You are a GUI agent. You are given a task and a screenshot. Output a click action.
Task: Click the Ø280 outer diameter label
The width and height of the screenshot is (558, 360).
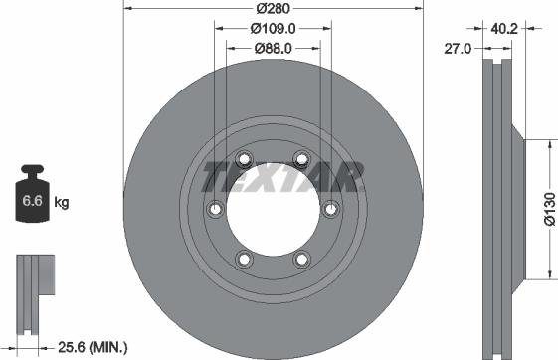pyautogui.click(x=273, y=10)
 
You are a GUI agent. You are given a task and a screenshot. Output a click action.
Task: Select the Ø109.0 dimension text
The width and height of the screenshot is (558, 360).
pyautogui.click(x=273, y=28)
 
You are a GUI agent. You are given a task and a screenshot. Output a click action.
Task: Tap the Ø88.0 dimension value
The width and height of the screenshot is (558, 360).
pyautogui.click(x=273, y=47)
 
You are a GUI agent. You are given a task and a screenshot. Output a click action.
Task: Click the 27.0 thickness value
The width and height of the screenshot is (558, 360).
pyautogui.click(x=458, y=47)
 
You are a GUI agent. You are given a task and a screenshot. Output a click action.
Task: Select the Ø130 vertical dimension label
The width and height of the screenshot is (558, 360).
pyautogui.click(x=547, y=209)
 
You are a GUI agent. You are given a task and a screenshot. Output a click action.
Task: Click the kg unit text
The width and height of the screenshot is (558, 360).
pyautogui.click(x=61, y=203)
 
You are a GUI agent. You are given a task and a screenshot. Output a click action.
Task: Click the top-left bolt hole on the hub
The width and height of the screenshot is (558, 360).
pyautogui.click(x=243, y=156)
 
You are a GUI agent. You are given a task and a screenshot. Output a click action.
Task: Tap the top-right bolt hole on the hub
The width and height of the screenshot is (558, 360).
pyautogui.click(x=302, y=156)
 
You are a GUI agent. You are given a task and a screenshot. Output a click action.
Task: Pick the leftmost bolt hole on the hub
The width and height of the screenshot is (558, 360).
pyautogui.click(x=214, y=208)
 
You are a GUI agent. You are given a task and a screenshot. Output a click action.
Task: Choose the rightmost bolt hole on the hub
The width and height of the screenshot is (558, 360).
pyautogui.click(x=331, y=208)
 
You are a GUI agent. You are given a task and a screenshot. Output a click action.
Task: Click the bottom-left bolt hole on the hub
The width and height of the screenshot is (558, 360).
pyautogui.click(x=243, y=260)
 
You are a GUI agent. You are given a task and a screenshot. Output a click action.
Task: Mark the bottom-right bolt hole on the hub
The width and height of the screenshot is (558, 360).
pyautogui.click(x=302, y=260)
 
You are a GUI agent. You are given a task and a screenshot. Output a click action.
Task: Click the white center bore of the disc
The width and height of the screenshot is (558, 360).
pyautogui.click(x=273, y=208)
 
